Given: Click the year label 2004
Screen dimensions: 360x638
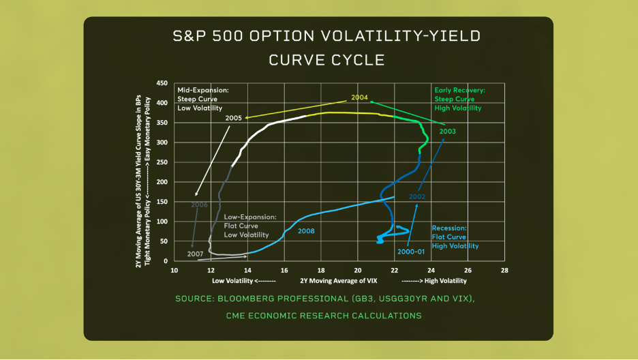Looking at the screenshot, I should pyautogui.click(x=360, y=97).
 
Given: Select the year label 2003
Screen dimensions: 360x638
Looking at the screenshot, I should pyautogui.click(x=448, y=131).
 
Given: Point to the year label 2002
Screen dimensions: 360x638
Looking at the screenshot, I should pyautogui.click(x=417, y=196).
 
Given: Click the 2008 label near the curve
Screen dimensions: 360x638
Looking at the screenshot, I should pyautogui.click(x=306, y=231).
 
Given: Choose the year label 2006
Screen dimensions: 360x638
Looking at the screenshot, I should pyautogui.click(x=199, y=204).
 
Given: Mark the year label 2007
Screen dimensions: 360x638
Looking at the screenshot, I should pyautogui.click(x=196, y=254).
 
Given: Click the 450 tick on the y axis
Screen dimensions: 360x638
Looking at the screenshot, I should pyautogui.click(x=162, y=83).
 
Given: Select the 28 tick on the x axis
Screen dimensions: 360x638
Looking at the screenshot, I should pyautogui.click(x=504, y=270).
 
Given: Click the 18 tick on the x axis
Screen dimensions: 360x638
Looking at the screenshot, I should pyautogui.click(x=320, y=270).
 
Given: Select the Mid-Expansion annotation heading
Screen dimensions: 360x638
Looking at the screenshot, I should pyautogui.click(x=202, y=89).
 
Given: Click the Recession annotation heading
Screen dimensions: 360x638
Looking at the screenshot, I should pyautogui.click(x=449, y=228).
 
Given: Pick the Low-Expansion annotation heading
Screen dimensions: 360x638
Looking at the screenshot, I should pyautogui.click(x=249, y=217).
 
